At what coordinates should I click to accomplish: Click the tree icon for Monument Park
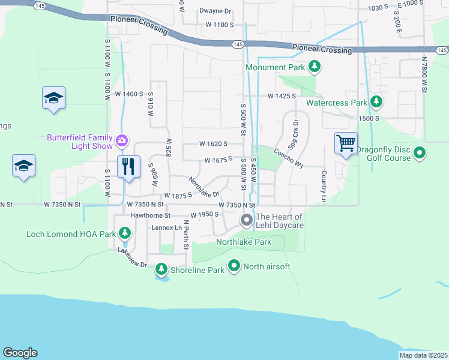pos(313,67)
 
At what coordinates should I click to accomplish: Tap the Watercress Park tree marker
pos(376,102)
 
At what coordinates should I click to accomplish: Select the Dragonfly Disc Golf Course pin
pos(420,154)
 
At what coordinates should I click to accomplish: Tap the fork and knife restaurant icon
pos(128,166)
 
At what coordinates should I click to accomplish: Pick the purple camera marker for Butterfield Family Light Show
pos(122,141)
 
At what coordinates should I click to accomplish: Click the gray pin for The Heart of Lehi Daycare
pos(246,221)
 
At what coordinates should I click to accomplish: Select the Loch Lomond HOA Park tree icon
pos(125,233)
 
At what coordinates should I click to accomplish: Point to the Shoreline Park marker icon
pos(161,269)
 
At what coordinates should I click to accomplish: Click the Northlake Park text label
pos(243,242)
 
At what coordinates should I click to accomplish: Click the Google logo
pos(19,353)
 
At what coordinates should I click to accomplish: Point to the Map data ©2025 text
pos(423,355)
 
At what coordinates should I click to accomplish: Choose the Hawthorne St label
pos(151,215)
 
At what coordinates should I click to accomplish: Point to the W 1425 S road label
pos(282,95)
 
